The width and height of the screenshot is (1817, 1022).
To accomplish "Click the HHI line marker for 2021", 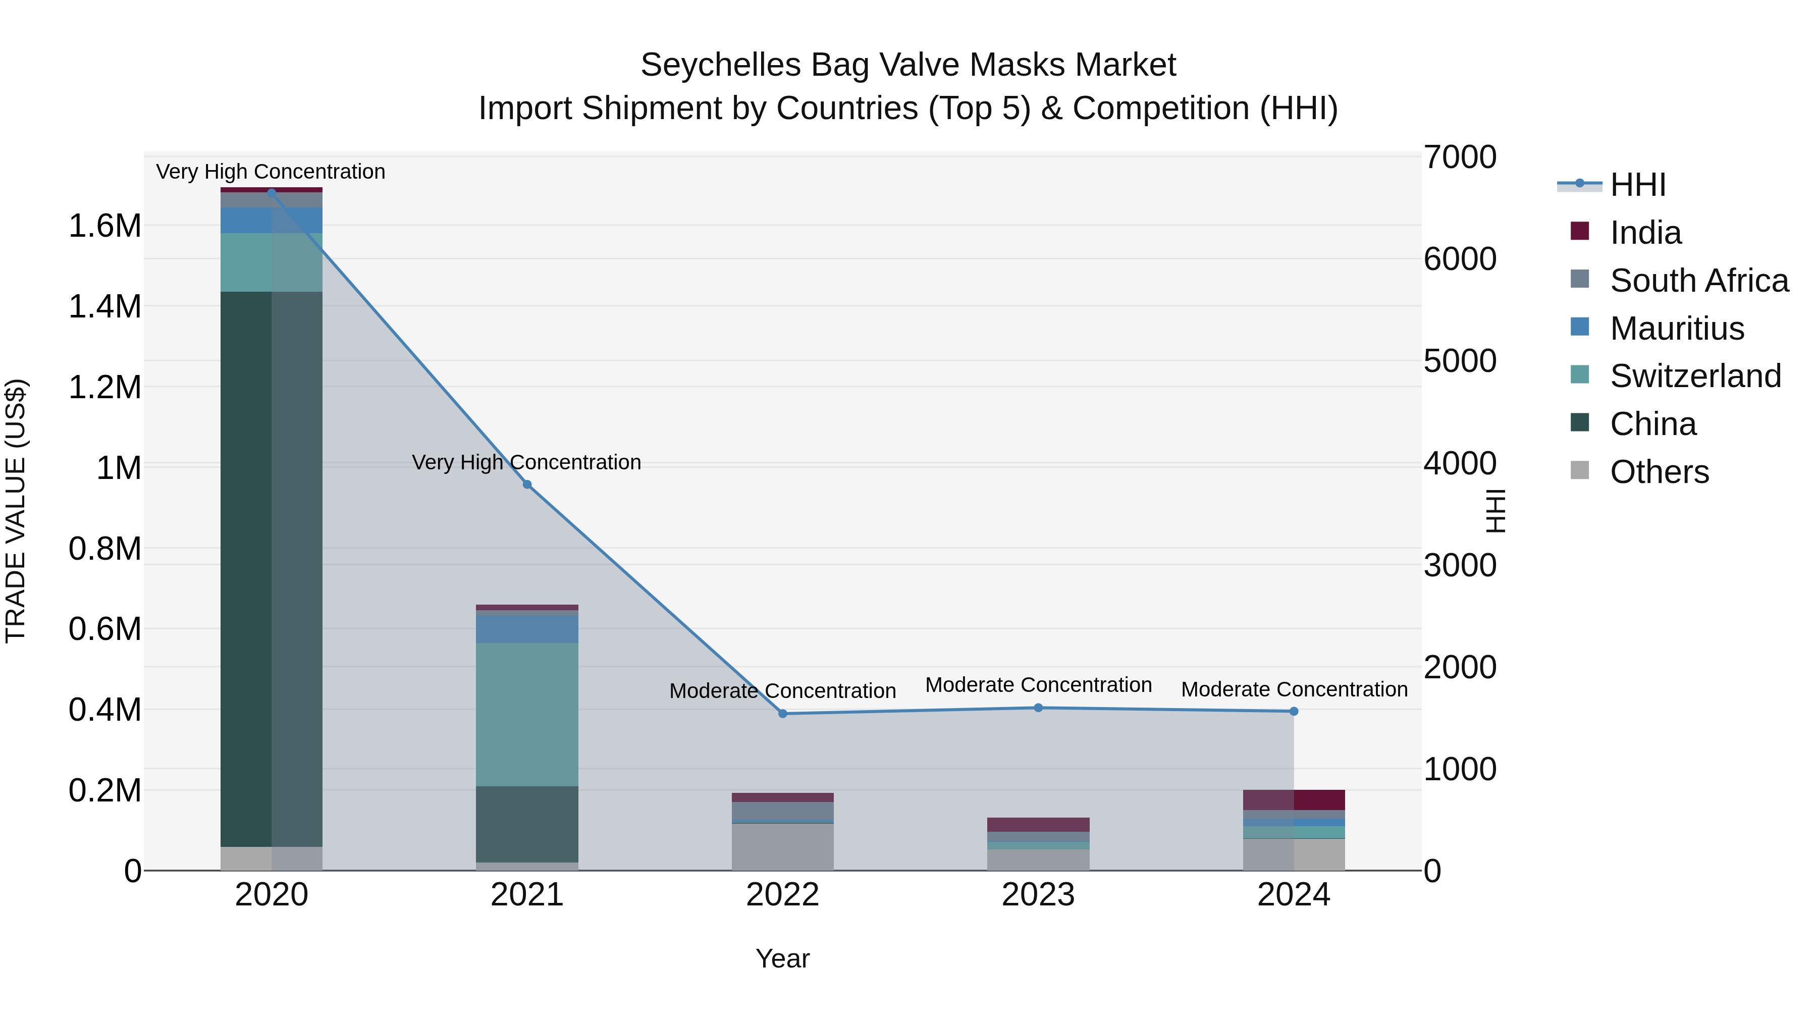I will [527, 485].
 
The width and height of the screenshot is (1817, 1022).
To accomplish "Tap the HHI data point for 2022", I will [782, 714].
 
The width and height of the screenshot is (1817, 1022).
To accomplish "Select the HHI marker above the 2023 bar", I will [1038, 708].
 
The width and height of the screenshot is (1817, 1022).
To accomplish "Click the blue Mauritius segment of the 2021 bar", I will [527, 629].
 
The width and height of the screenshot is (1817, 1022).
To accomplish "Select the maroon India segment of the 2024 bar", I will [1294, 800].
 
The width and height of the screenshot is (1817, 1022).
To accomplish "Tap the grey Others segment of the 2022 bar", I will [782, 846].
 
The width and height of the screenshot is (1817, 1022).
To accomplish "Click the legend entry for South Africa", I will [1698, 281].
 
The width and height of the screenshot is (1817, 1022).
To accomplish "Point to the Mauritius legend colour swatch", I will [1580, 327].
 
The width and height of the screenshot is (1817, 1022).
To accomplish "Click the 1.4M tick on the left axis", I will [104, 307].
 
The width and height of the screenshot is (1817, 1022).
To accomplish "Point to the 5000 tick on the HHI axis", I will [1459, 361].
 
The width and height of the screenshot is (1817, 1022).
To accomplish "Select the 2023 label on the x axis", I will [1038, 895].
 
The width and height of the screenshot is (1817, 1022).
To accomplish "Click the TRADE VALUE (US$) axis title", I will [16, 511].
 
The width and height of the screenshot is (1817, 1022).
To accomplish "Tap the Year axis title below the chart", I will [782, 958].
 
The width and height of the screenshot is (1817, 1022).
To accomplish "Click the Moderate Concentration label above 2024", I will [1294, 689].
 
